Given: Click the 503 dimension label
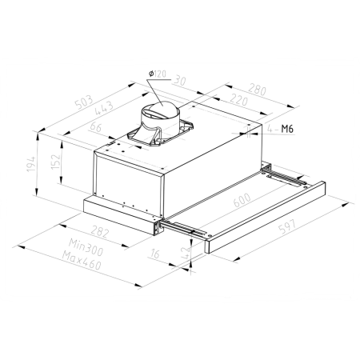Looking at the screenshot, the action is [84, 102].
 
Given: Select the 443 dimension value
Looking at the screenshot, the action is [103, 108].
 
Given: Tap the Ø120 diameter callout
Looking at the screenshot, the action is [158, 74].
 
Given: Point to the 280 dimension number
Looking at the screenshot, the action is [258, 90].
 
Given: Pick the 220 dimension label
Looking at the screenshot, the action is [239, 100].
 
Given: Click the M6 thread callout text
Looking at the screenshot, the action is [287, 129].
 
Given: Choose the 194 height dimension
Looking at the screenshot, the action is [31, 164].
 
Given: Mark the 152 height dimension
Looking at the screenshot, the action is [55, 162].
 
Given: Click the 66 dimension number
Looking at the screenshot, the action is [96, 127].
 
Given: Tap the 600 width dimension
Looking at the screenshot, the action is [242, 200].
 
